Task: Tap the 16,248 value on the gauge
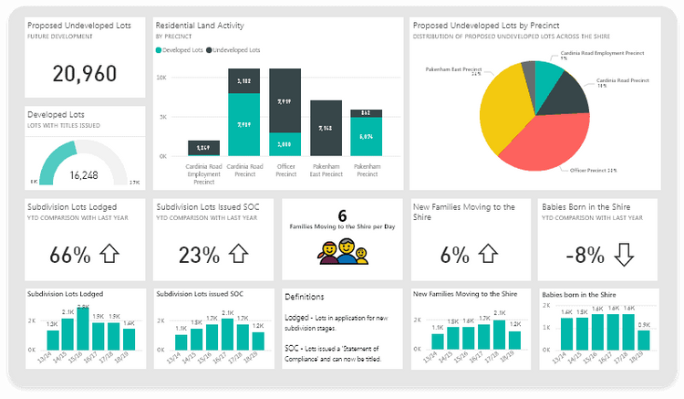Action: pyautogui.click(x=84, y=173)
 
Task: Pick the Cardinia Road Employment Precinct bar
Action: pyautogui.click(x=203, y=148)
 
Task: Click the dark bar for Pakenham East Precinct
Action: pyautogui.click(x=326, y=128)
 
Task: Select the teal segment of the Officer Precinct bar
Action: pyautogui.click(x=285, y=144)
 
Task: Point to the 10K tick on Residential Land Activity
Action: pyautogui.click(x=161, y=78)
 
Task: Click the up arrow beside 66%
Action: pyautogui.click(x=109, y=254)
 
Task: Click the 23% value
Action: pyautogui.click(x=198, y=255)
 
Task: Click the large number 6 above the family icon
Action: pyautogui.click(x=342, y=215)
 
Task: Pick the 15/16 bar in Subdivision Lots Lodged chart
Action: pyautogui.click(x=83, y=330)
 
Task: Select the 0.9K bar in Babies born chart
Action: pyautogui.click(x=644, y=340)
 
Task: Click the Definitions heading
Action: pyautogui.click(x=304, y=297)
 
